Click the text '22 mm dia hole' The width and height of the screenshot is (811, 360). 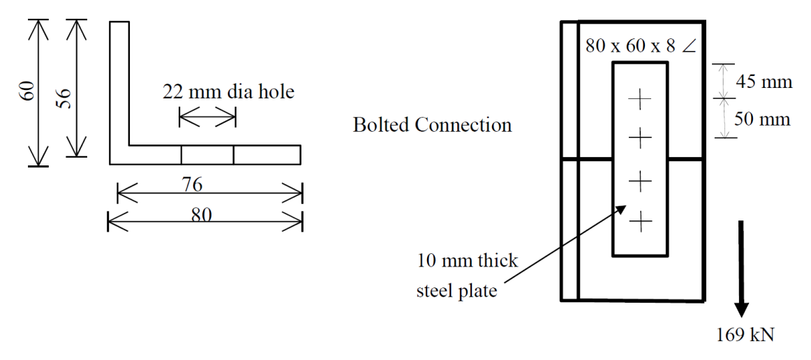coord(228,92)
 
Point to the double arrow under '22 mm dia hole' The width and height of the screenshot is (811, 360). coord(207,117)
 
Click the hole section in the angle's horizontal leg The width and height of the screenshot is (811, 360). coord(207,155)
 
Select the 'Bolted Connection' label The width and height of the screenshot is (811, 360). coord(433,125)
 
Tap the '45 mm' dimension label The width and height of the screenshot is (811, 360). coord(762,82)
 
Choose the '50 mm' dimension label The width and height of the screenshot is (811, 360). coord(763,119)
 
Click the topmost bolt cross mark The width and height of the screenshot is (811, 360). coord(639,98)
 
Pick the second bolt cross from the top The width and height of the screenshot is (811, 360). coord(640,138)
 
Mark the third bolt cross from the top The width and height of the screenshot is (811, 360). coord(640,181)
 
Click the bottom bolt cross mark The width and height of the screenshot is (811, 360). coord(641,223)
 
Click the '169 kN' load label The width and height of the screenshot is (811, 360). coord(745,335)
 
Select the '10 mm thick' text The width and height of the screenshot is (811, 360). coord(468,261)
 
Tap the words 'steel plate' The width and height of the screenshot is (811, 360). coord(457,291)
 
